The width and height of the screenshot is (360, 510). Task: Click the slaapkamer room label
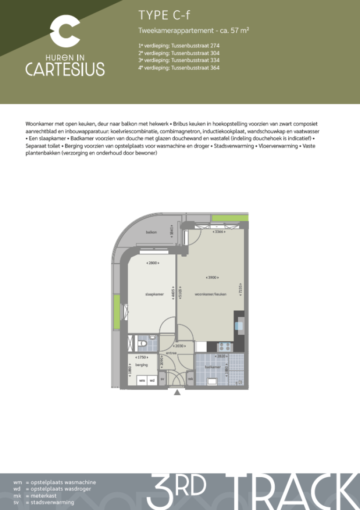pyautogui.click(x=154, y=294)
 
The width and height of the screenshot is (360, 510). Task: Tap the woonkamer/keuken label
pyautogui.click(x=210, y=294)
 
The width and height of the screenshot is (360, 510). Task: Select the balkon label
pyautogui.click(x=151, y=232)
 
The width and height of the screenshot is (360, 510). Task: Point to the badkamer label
pyautogui.click(x=212, y=367)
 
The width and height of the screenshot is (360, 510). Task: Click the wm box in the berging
pyautogui.click(x=142, y=381)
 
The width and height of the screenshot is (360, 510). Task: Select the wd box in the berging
pyautogui.click(x=152, y=381)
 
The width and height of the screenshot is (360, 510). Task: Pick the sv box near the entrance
pyautogui.click(x=163, y=378)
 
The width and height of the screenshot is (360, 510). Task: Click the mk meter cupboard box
pyautogui.click(x=190, y=378)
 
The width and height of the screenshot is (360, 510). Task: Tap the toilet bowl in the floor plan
pyautogui.click(x=143, y=345)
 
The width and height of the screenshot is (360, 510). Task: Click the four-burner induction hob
pyautogui.click(x=224, y=347)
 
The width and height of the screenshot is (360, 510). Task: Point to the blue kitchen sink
pyautogui.click(x=240, y=324)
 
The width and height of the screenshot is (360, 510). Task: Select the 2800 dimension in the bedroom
pyautogui.click(x=152, y=263)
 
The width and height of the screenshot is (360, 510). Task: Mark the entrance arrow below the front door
pyautogui.click(x=177, y=392)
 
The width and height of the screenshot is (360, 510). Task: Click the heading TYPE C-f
pyautogui.click(x=164, y=15)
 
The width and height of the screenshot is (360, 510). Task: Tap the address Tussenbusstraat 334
pyautogui.click(x=179, y=60)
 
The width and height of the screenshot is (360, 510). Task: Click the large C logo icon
pyautogui.click(x=64, y=31)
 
